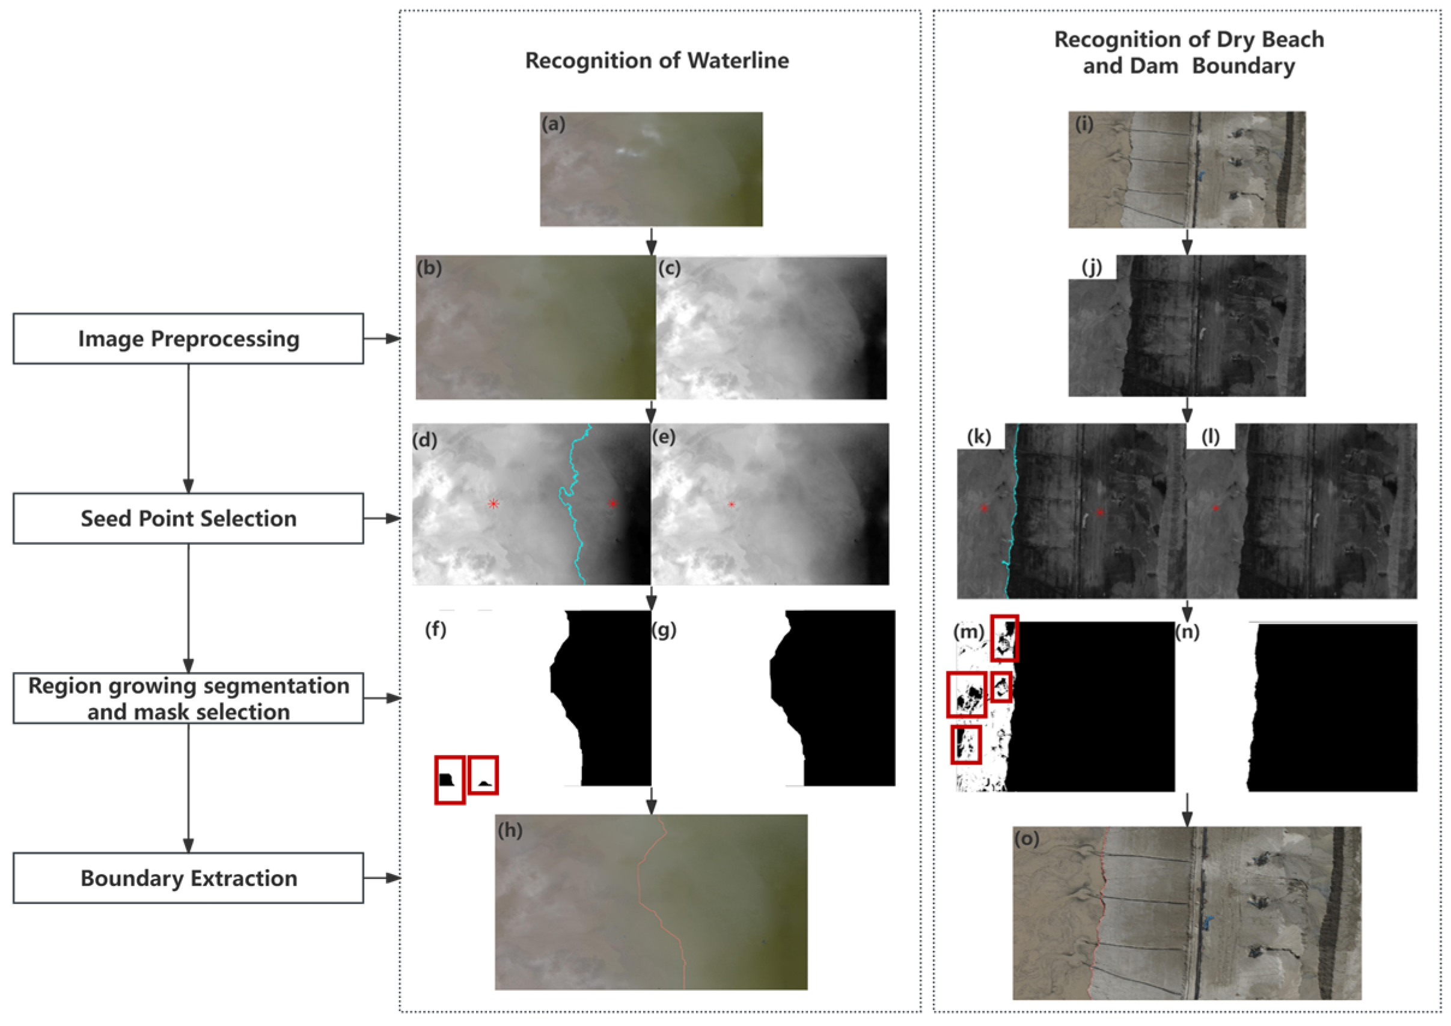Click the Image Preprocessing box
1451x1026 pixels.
[x=188, y=339]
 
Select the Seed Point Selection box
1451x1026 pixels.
[x=188, y=518]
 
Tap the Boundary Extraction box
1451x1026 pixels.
[x=188, y=878]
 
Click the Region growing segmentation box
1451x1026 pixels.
[x=188, y=698]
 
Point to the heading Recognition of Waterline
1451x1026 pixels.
[x=657, y=61]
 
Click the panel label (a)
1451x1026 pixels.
[x=553, y=124]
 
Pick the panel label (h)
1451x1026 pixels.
[x=510, y=830]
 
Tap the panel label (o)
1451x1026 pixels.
[x=1027, y=839]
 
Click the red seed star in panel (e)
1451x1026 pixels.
[x=732, y=504]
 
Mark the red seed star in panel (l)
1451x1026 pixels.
[x=1215, y=508]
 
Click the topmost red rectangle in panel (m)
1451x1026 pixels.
[x=1004, y=638]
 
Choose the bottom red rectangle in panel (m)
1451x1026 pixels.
[x=966, y=744]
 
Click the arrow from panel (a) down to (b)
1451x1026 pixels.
[x=651, y=241]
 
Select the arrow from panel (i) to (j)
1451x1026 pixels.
[x=1187, y=241]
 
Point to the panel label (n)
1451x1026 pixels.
[x=1187, y=633]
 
